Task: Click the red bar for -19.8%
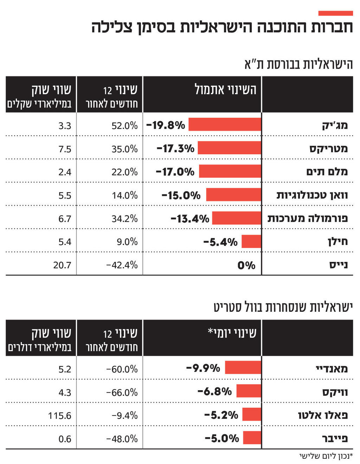(225, 124)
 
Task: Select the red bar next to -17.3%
(229, 148)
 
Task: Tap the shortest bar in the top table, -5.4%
(251, 241)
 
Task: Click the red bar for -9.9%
(243, 368)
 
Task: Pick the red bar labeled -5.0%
(252, 438)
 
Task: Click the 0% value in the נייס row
(246, 265)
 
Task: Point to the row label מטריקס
(328, 148)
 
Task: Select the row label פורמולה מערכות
(308, 218)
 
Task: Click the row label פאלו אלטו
(323, 415)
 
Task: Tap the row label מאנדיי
(332, 368)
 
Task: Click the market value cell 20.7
(62, 265)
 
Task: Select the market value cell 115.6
(59, 416)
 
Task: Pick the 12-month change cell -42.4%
(122, 265)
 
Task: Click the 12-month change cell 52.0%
(124, 125)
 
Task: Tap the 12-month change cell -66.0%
(122, 392)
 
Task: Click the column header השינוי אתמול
(225, 89)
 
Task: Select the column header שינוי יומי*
(232, 333)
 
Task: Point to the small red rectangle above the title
(335, 13)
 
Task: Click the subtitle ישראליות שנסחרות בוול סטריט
(283, 307)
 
